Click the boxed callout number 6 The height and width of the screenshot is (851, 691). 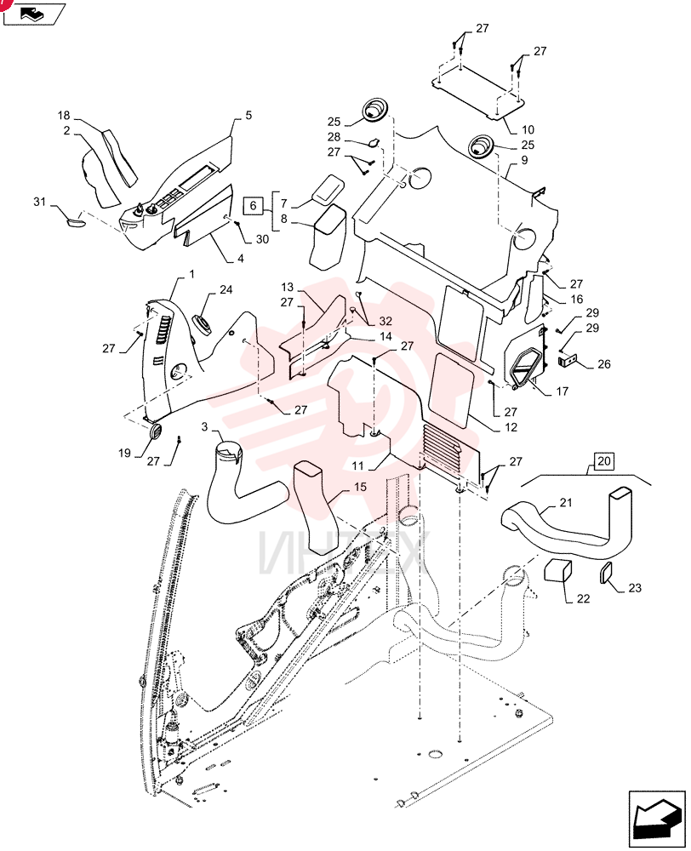(253, 206)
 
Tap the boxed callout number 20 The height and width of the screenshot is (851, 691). (603, 461)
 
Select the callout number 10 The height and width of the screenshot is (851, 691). (528, 129)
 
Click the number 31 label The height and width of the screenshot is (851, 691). (40, 202)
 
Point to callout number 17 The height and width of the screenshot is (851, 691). (562, 391)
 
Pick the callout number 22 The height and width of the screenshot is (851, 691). (583, 598)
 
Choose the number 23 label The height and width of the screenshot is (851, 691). (635, 588)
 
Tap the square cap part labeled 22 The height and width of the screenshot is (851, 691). (558, 570)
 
